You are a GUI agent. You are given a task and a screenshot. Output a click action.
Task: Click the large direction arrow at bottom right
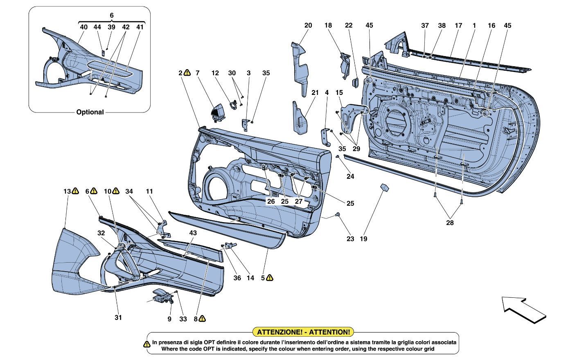(x=524, y=310)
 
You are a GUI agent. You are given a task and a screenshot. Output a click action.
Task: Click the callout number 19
(x=363, y=239)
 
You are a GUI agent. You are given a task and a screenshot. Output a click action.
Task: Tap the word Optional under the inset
(x=90, y=112)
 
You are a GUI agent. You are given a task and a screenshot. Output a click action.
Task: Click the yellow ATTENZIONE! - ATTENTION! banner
(x=303, y=332)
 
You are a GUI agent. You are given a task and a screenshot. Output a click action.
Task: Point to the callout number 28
(x=450, y=223)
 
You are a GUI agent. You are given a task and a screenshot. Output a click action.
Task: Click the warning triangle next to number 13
(x=75, y=191)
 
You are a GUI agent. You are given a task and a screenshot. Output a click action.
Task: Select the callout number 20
(x=308, y=25)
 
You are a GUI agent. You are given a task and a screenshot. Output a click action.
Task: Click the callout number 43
(x=193, y=233)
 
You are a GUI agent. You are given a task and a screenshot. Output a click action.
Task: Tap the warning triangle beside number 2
(x=187, y=73)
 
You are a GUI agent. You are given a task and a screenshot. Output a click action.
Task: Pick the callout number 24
(x=350, y=176)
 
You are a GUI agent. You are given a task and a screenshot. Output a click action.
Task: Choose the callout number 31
(x=118, y=317)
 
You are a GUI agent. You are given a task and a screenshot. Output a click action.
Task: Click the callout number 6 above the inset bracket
(x=112, y=15)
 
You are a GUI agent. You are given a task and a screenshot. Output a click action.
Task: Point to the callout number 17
(x=458, y=25)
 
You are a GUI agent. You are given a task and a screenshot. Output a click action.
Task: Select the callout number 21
(x=315, y=93)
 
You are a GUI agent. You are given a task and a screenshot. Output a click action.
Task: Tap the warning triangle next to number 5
(x=270, y=278)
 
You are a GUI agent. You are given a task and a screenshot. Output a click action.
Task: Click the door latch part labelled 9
(x=162, y=295)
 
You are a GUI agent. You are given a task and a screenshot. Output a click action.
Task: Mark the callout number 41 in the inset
(x=140, y=27)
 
